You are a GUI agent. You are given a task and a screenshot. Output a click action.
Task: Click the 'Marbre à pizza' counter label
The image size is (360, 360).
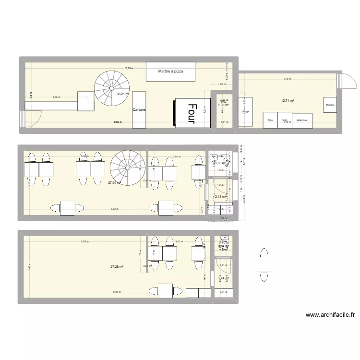pyautogui.click(x=170, y=72)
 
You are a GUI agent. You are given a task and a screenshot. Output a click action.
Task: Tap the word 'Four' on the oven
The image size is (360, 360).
pyautogui.click(x=192, y=113)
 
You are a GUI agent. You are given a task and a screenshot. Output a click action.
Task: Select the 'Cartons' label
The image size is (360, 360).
pyautogui.click(x=139, y=109)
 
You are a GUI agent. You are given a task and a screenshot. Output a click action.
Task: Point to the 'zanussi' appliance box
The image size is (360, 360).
pyautogui.click(x=329, y=105)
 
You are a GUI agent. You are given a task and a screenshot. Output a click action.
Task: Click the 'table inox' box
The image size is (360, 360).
pyautogui.click(x=302, y=120)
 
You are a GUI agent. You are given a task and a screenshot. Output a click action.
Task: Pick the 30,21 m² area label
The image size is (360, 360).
pyautogui.click(x=123, y=94)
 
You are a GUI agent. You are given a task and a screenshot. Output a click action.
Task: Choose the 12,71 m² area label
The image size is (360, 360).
pyautogui.click(x=288, y=101)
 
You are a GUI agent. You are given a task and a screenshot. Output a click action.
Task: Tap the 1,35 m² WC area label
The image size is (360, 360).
pyautogui.click(x=223, y=105)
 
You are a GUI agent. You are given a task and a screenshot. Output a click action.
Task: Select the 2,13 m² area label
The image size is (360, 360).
pyautogui.click(x=220, y=196)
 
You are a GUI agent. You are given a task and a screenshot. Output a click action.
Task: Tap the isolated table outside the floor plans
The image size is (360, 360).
pyautogui.click(x=264, y=264)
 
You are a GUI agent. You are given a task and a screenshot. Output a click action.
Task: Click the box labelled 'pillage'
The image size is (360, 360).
pyautogui.click(x=245, y=112)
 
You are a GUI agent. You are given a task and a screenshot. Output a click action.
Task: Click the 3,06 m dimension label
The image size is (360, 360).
pyautogui.click(x=56, y=97)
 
